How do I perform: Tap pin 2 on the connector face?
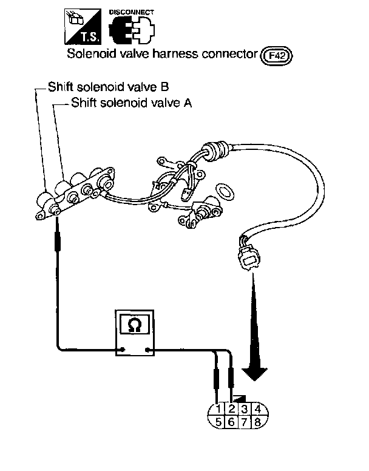(232, 408)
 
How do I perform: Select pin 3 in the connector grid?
(245, 408)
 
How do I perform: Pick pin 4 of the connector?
(258, 408)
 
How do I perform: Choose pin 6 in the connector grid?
(232, 421)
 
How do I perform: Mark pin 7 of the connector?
(245, 421)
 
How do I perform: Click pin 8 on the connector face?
(258, 421)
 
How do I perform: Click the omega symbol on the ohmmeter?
(135, 325)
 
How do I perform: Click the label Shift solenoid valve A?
(131, 103)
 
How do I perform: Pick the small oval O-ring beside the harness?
(225, 191)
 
